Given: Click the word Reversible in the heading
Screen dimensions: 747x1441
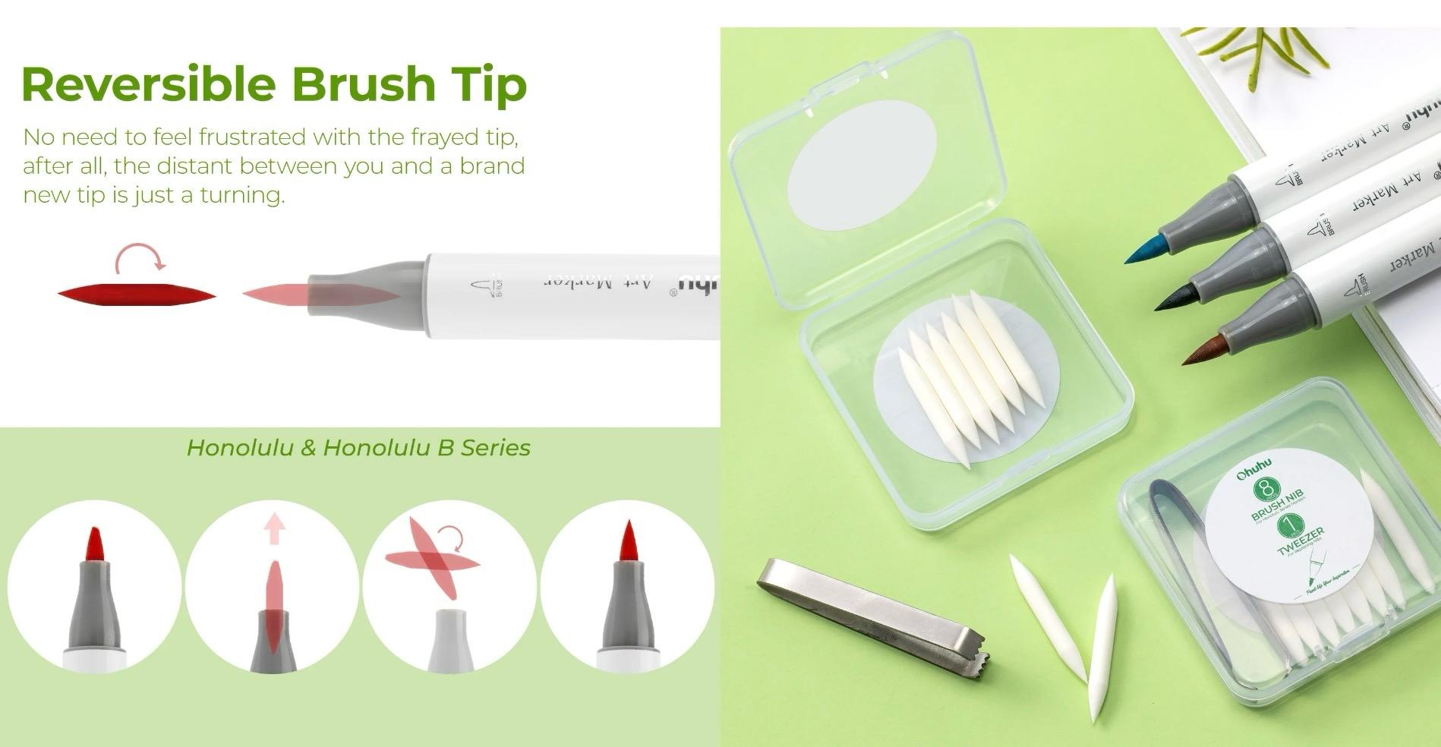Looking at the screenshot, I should [x=148, y=84].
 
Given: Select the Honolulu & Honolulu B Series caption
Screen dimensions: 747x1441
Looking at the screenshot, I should [x=358, y=448].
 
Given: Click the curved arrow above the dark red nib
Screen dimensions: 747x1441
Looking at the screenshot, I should [x=139, y=257].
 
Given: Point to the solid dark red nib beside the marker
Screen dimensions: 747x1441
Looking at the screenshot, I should [x=137, y=295].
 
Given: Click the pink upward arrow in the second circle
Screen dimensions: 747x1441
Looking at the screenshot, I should [x=274, y=528].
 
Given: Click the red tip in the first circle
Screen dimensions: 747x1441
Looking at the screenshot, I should [x=95, y=544].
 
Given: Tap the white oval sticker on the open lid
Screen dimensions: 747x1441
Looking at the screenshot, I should [x=861, y=165].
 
